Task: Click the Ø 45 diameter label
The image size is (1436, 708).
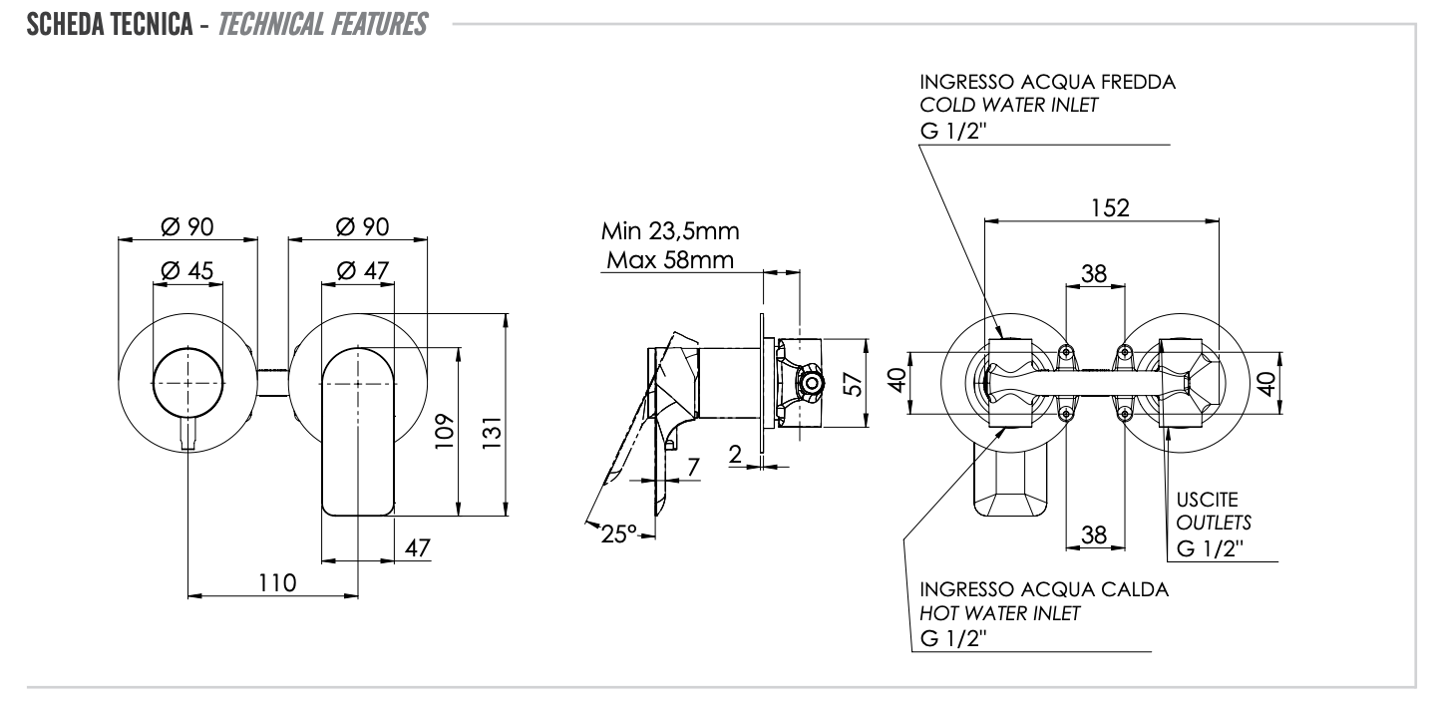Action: (185, 270)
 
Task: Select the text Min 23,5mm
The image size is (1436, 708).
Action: (670, 233)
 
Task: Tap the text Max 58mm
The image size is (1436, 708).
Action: (670, 261)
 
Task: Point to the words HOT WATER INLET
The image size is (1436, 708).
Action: (1000, 613)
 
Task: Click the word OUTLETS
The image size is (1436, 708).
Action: (1209, 523)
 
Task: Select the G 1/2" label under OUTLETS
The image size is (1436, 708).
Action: (1209, 547)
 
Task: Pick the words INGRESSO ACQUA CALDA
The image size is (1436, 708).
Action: (1044, 588)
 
